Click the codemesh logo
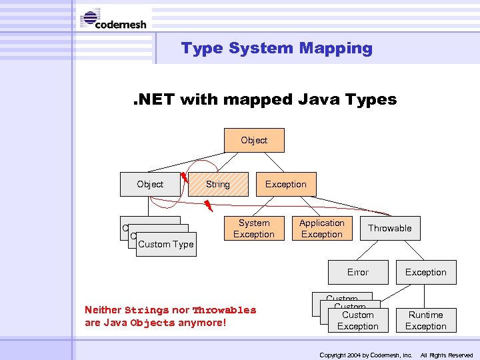114,19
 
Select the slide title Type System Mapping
277,48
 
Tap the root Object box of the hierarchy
254,141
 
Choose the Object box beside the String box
150,185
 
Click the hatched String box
218,185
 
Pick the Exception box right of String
286,185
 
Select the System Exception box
254,229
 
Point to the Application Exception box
322,229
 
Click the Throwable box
390,229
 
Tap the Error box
358,273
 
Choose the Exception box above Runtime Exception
426,273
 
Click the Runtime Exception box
426,321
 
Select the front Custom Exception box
358,321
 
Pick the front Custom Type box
166,245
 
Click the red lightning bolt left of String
185,177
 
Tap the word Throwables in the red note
224,310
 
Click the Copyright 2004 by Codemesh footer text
366,355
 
